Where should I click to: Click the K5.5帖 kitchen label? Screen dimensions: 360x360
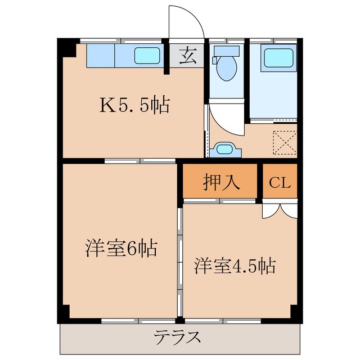pyautogui.click(x=134, y=105)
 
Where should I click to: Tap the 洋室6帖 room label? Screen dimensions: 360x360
pyautogui.click(x=120, y=248)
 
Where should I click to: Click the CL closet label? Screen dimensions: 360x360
pyautogui.click(x=280, y=183)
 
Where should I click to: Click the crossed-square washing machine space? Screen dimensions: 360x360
pyautogui.click(x=285, y=142)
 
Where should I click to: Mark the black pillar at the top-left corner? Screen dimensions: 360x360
pyautogui.click(x=67, y=48)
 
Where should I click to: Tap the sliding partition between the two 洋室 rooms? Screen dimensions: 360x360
pyautogui.click(x=179, y=262)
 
